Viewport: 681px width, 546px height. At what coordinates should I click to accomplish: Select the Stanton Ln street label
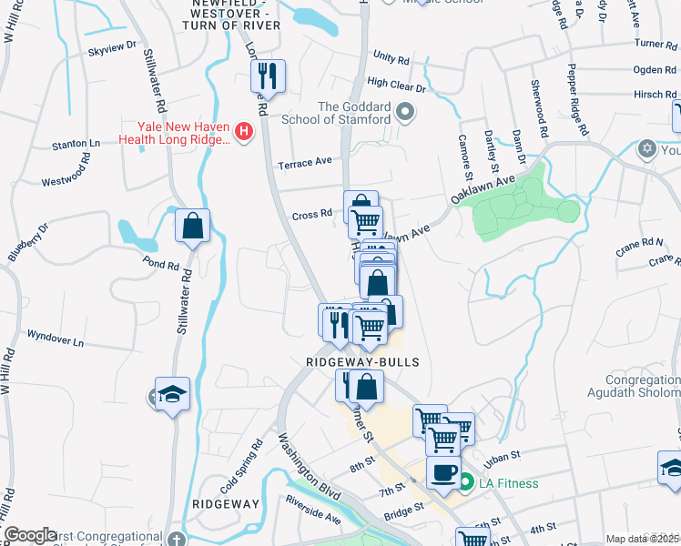(76, 144)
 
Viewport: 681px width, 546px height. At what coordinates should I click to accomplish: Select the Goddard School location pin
(406, 114)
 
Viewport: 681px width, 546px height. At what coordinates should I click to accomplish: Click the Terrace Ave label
(305, 162)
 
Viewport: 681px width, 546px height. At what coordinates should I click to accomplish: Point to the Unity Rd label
(391, 58)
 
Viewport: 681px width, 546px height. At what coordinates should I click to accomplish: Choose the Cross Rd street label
(311, 215)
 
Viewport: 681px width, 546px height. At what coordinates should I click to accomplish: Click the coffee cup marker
(443, 472)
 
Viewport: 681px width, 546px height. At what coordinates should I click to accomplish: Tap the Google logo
(30, 535)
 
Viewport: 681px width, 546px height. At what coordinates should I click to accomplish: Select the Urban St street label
(502, 455)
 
